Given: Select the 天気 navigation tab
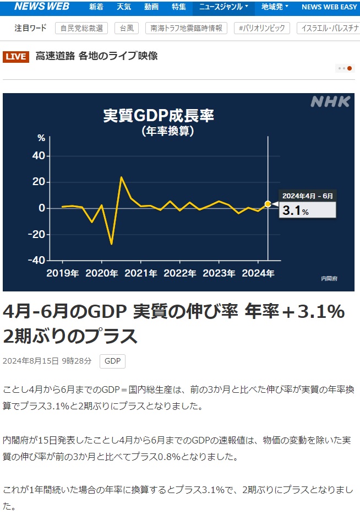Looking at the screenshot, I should pos(124,7).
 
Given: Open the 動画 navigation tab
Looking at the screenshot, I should pos(151,7).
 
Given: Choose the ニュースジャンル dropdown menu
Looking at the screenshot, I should pos(223,7).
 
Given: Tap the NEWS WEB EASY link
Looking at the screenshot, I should pos(330,7).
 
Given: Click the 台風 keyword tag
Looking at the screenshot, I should pos(127,28).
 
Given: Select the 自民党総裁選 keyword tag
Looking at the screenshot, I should pos(81,28).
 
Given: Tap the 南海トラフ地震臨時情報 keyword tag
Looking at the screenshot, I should pos(187,28).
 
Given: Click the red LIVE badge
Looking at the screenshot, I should pos(16,56).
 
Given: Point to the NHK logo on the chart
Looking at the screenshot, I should pos(330,102).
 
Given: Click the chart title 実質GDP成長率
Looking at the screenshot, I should pos(159,116).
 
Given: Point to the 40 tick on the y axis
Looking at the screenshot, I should pos(38,156).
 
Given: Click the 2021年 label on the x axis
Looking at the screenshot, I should pos(141,273).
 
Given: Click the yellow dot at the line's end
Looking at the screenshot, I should pos(268,204).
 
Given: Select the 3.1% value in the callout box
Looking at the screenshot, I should pos(296,211).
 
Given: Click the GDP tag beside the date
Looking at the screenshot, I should pos(112,361).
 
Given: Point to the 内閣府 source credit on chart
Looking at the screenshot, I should pos(330,279).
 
